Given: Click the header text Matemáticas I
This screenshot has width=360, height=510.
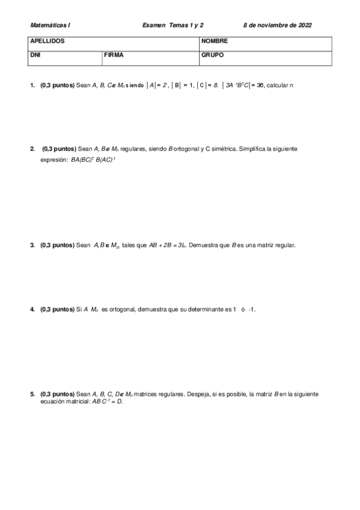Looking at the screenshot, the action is tap(50, 25).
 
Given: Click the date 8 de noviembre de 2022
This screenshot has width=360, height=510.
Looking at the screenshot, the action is tap(277, 25).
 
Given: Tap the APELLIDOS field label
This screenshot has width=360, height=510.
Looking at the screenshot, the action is tap(47, 41).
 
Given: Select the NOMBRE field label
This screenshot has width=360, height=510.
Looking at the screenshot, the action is tap(215, 41).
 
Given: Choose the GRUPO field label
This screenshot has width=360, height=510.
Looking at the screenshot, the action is tap(213, 54).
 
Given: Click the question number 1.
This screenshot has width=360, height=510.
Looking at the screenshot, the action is tap(32, 85).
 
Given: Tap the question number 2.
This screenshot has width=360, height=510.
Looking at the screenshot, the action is tap(32, 148).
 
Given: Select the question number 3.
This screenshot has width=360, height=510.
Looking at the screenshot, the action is tap(32, 245).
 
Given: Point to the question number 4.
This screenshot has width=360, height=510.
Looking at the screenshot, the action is tap(32, 310).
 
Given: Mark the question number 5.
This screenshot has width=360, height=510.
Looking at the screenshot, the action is tap(32, 394).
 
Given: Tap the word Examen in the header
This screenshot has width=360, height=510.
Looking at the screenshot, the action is tap(154, 25).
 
